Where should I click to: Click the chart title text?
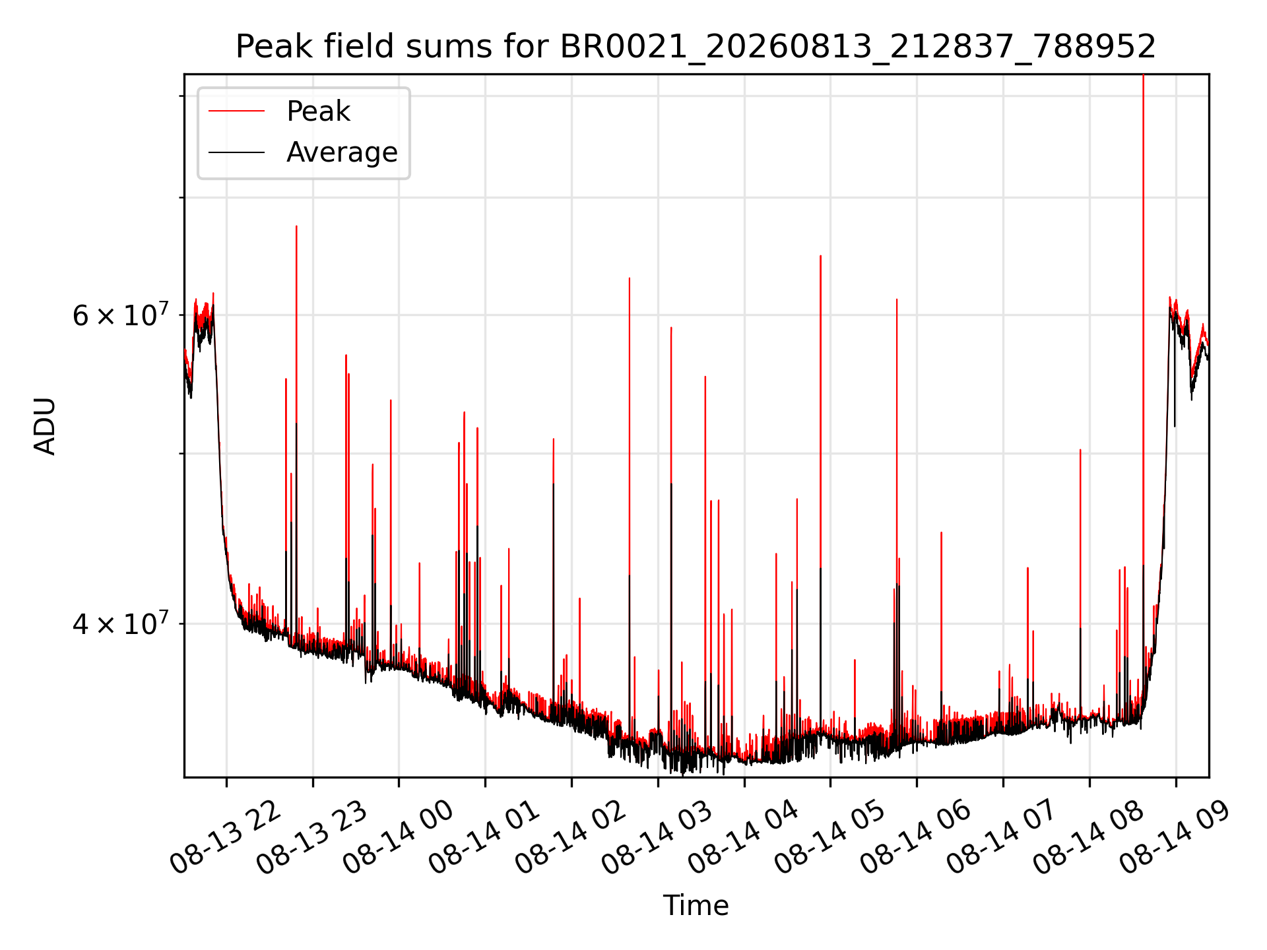pyautogui.click(x=696, y=47)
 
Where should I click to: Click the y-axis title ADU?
pyautogui.click(x=45, y=426)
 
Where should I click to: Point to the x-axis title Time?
pyautogui.click(x=696, y=905)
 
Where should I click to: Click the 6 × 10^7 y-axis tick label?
pyautogui.click(x=121, y=315)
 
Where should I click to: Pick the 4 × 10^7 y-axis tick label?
pyautogui.click(x=121, y=623)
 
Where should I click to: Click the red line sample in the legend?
pyautogui.click(x=236, y=111)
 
